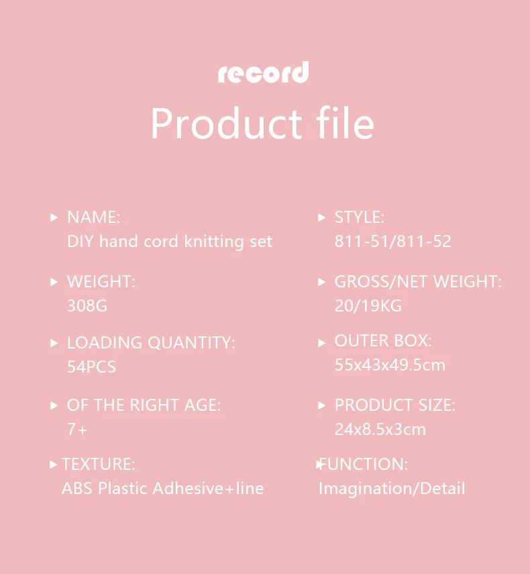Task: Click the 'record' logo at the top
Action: (264, 72)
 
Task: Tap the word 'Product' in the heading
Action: (226, 124)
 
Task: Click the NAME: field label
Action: (94, 217)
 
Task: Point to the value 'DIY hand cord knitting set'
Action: (170, 242)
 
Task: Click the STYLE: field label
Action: (360, 217)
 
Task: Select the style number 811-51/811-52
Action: (393, 241)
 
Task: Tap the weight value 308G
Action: (87, 305)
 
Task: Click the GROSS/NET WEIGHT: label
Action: (418, 281)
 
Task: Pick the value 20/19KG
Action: (368, 305)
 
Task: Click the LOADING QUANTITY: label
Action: (151, 342)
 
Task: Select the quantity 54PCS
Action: (91, 367)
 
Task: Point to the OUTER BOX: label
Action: (383, 341)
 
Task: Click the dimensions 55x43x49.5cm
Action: (390, 365)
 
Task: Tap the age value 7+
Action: (77, 430)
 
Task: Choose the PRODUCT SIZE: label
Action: (395, 405)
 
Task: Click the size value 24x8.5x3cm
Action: (380, 430)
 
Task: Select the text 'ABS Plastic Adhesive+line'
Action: (163, 488)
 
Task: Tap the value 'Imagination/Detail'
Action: (392, 489)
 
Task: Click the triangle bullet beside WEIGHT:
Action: (54, 282)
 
